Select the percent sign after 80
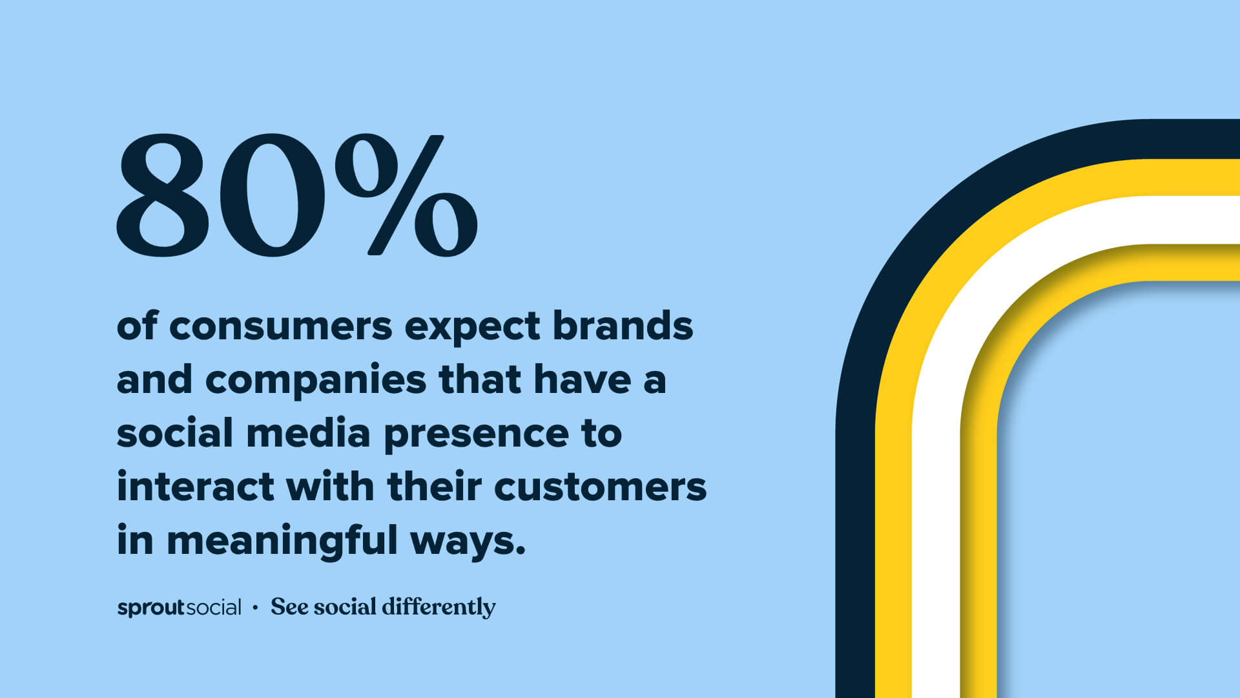[x=406, y=194]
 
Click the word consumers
[x=280, y=326]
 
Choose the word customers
[x=600, y=487]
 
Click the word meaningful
[x=282, y=542]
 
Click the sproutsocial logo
[x=179, y=608]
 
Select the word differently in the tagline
[x=439, y=607]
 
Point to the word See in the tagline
[x=289, y=606]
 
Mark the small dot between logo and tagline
[x=256, y=608]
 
